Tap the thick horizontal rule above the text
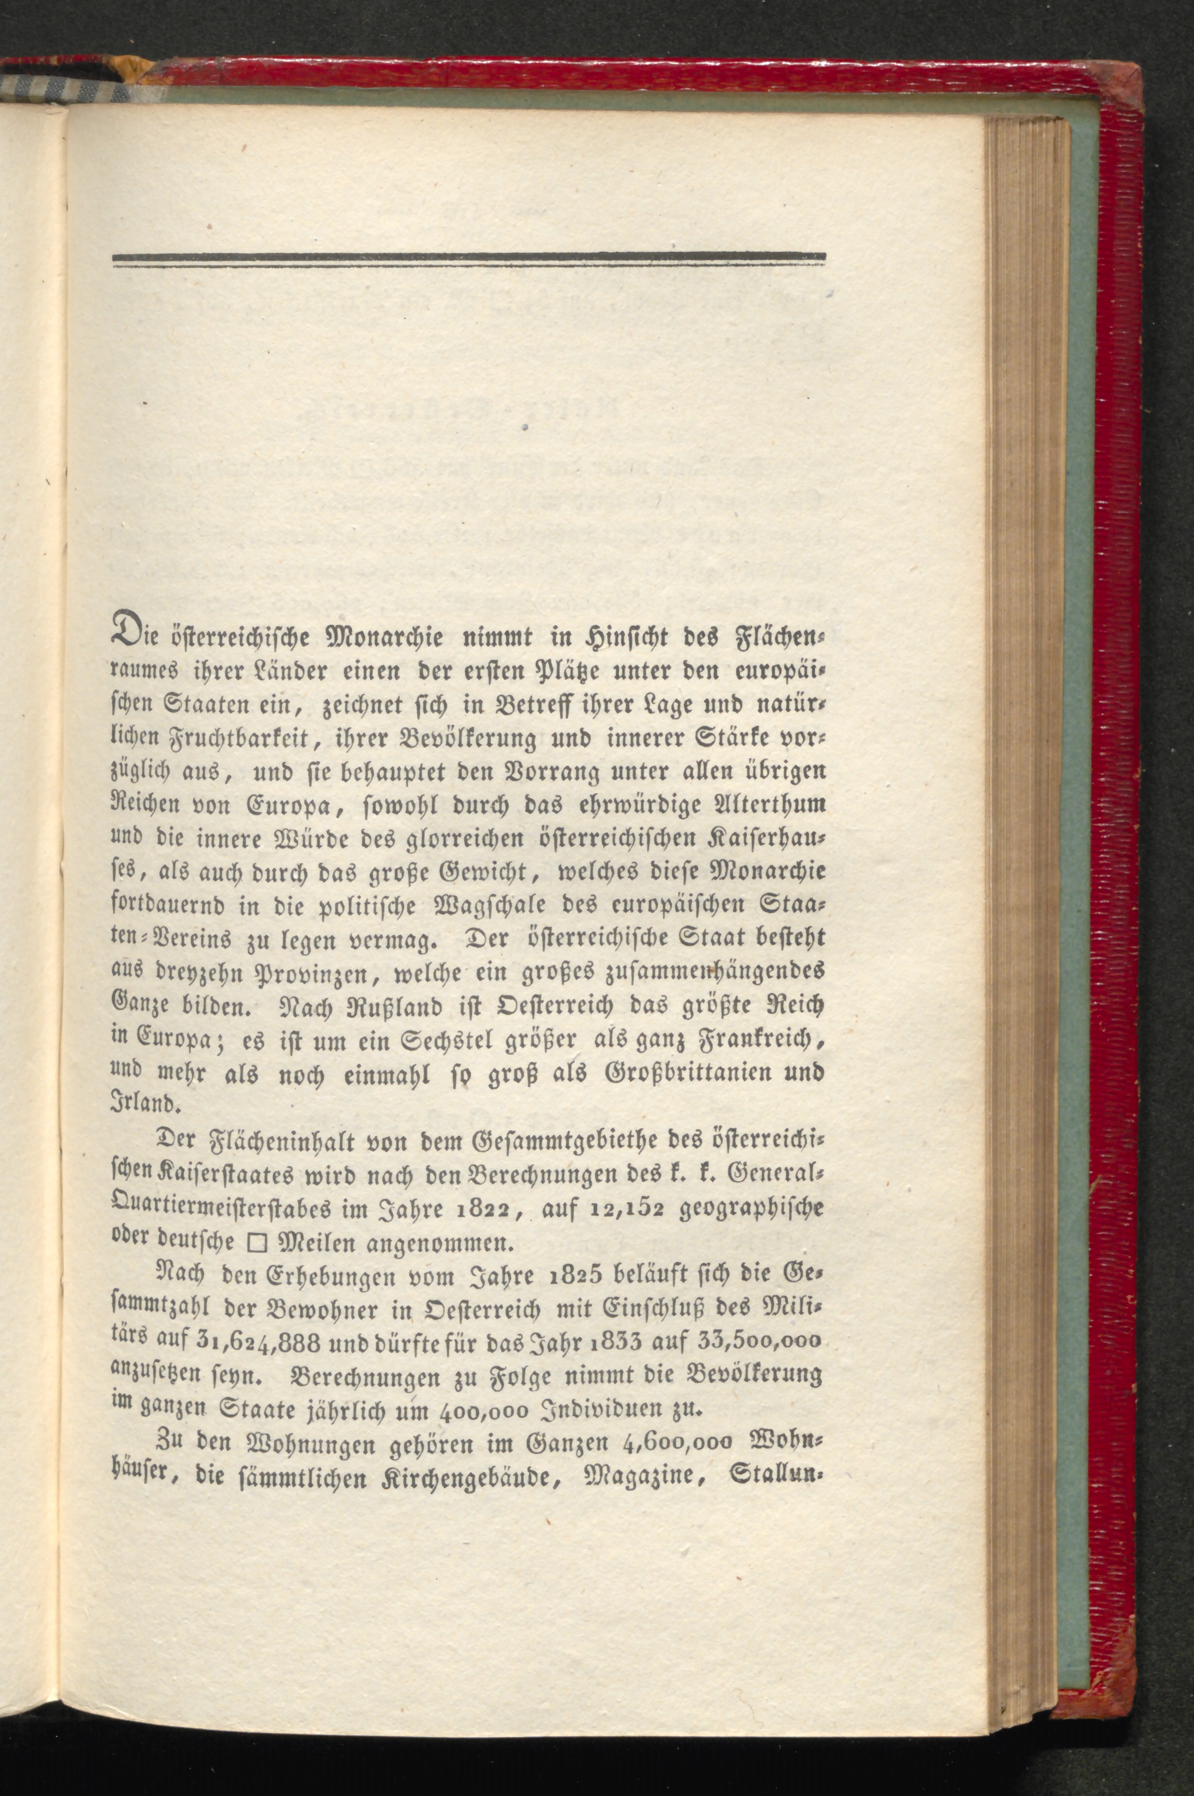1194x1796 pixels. pos(468,258)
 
